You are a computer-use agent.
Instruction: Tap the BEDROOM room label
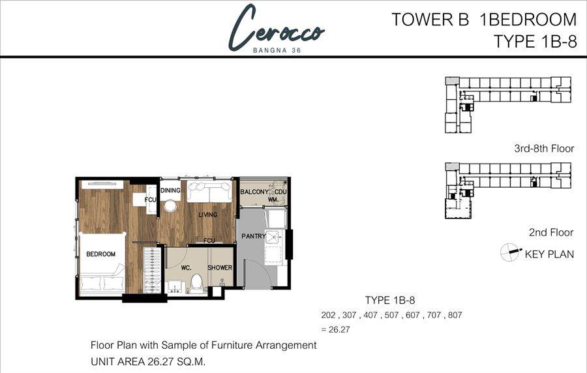click(x=100, y=254)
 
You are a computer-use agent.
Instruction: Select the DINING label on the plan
click(x=170, y=190)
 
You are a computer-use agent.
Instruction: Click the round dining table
click(x=170, y=206)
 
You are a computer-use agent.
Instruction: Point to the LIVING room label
click(x=208, y=215)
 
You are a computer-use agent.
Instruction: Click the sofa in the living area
click(x=209, y=192)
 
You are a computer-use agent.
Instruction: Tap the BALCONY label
click(x=254, y=192)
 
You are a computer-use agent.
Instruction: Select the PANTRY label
click(x=254, y=236)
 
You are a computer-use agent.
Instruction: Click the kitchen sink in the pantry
click(x=272, y=237)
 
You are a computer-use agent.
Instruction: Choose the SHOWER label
click(x=220, y=267)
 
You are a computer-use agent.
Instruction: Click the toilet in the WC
click(x=196, y=282)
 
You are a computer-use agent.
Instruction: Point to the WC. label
click(x=186, y=268)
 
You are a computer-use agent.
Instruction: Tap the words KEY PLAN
click(x=549, y=254)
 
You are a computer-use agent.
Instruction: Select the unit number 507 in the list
click(x=391, y=315)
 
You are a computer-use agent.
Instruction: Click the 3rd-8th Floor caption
click(x=544, y=149)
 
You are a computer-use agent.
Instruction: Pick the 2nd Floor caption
click(x=551, y=232)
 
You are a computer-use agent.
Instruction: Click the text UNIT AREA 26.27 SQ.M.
click(x=148, y=362)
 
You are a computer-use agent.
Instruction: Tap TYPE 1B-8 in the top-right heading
click(x=535, y=41)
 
